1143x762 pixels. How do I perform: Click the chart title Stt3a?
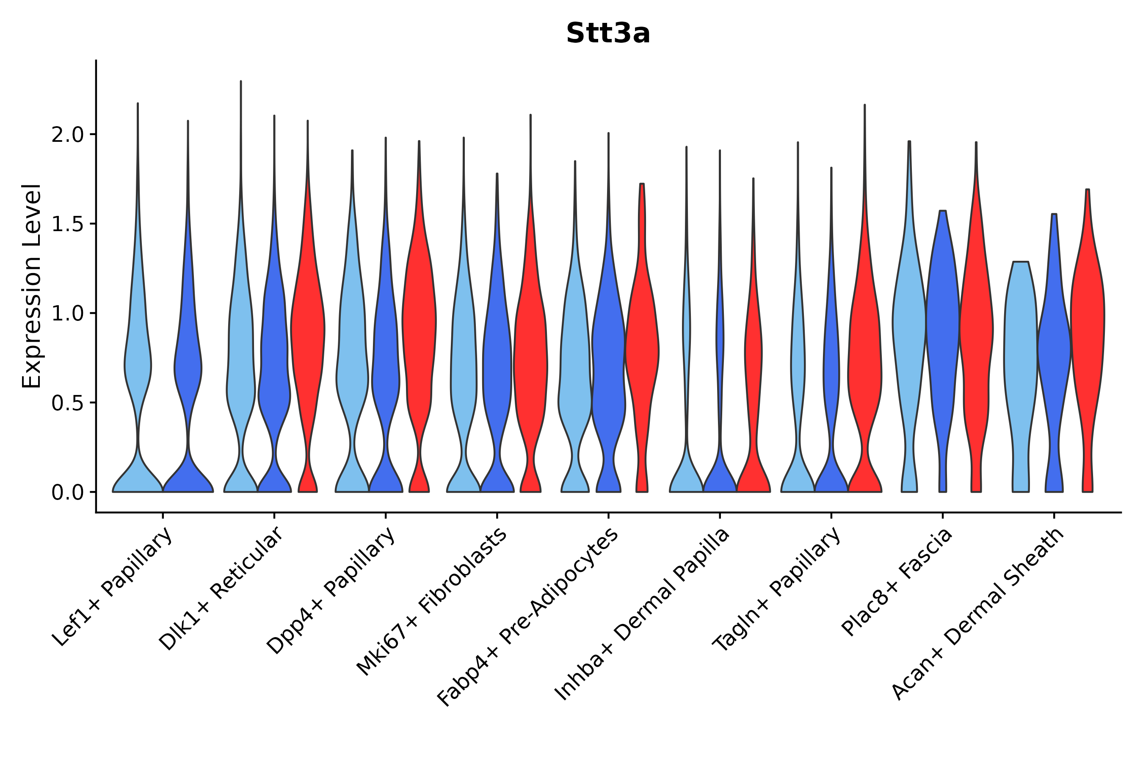click(x=608, y=34)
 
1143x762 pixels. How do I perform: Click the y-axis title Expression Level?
click(x=32, y=286)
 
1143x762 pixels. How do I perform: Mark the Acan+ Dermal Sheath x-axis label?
click(x=978, y=614)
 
